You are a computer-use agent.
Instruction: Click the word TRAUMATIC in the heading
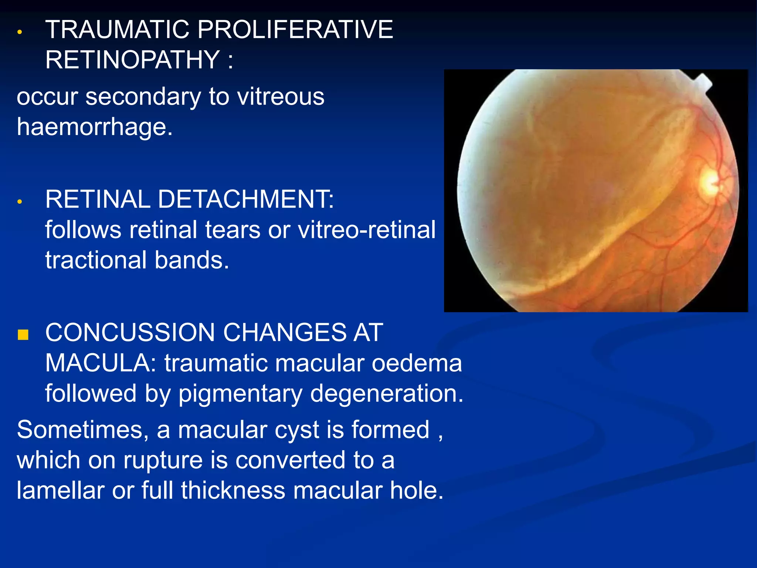click(117, 30)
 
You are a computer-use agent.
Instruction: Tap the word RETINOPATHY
click(133, 60)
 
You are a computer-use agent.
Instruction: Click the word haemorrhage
click(95, 127)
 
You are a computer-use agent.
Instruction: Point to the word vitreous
click(281, 97)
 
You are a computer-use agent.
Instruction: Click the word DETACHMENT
click(246, 199)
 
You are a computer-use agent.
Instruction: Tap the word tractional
click(96, 260)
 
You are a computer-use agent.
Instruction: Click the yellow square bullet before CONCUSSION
click(23, 335)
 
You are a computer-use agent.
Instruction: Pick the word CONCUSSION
click(130, 332)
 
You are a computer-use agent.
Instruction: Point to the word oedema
click(417, 363)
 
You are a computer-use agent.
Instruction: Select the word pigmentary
click(241, 393)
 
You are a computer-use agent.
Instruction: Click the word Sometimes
click(82, 430)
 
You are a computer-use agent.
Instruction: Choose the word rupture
click(163, 460)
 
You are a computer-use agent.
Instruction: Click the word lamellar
click(60, 491)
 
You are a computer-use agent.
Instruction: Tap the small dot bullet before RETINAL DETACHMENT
click(20, 202)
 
